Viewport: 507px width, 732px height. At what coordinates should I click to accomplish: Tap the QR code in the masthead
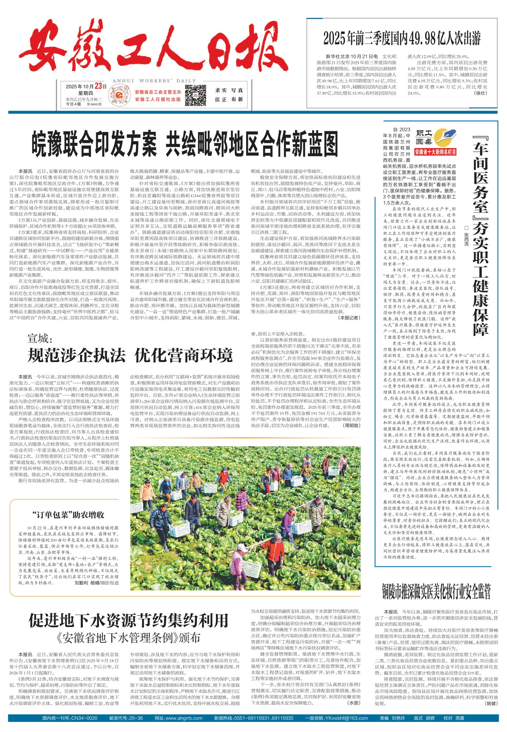coord(196,95)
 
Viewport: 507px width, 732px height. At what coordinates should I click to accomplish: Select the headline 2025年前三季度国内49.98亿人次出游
coord(402,38)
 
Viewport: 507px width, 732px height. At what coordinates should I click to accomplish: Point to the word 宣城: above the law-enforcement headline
coord(40,338)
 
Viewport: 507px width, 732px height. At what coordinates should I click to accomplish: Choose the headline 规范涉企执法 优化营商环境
coord(130,356)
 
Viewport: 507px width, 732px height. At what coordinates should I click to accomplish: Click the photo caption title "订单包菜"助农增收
coord(68,515)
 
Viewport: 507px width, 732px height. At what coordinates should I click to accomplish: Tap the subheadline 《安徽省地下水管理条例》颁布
coord(128,638)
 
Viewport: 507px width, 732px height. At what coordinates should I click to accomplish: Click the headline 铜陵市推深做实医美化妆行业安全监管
coord(436,591)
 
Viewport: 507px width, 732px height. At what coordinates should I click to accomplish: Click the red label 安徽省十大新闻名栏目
coord(435,152)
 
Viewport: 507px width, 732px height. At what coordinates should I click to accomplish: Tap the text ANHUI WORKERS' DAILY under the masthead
coord(154,81)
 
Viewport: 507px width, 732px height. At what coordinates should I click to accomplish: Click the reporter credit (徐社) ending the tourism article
coord(481,93)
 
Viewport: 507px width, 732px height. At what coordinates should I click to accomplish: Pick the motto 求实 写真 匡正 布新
coord(229,95)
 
